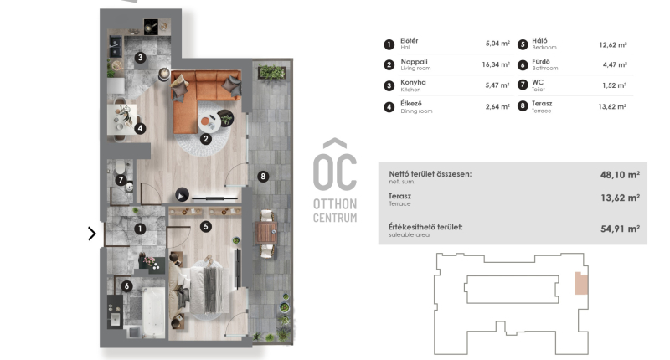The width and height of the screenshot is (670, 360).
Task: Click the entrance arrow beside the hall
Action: coord(92,234)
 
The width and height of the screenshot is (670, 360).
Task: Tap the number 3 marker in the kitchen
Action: coord(140,57)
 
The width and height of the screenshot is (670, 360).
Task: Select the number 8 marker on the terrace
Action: coord(263,176)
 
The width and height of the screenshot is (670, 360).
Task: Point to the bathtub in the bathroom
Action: coord(153,311)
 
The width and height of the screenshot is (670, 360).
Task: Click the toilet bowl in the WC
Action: coord(120,167)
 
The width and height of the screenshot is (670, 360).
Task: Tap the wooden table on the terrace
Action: coord(266,234)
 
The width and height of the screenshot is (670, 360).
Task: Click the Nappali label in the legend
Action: coord(414,61)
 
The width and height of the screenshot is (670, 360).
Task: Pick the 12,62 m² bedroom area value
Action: coord(613,44)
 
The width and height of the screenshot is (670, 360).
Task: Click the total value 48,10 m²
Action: coord(620,175)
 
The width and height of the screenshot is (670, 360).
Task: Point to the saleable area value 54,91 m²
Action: coord(620,229)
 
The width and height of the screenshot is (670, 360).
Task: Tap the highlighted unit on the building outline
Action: coord(581,283)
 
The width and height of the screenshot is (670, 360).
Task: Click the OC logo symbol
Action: coord(335,165)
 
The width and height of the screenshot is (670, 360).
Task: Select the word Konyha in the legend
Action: coord(413,82)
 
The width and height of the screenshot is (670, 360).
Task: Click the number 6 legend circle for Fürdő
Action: coord(523,65)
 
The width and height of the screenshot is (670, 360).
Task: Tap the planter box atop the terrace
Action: coord(271,72)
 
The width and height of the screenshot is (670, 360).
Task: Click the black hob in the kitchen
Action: coord(151,27)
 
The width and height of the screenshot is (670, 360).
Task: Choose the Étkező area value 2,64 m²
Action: coord(497,107)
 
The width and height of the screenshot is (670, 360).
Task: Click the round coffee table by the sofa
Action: coord(209,122)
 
